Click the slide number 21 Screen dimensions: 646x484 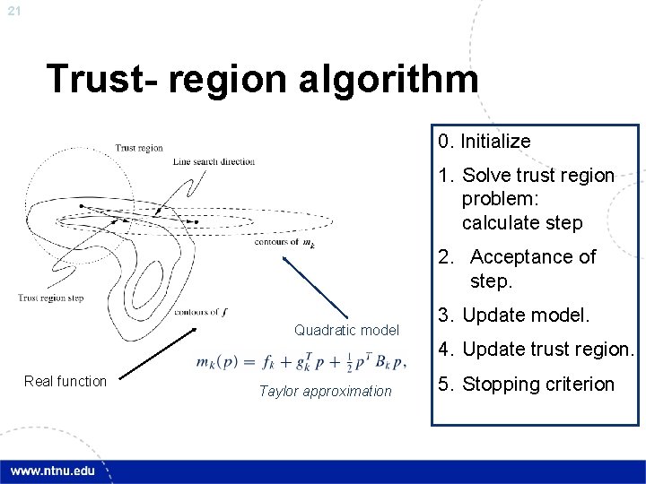[x=13, y=11]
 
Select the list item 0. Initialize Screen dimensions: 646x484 [x=484, y=141]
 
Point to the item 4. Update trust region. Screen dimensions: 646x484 [x=537, y=349]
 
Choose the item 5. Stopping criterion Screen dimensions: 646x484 [x=526, y=385]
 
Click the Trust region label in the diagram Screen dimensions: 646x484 [x=139, y=148]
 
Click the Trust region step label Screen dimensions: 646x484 [x=51, y=298]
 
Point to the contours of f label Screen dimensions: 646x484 [x=200, y=312]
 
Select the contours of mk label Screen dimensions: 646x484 [x=284, y=241]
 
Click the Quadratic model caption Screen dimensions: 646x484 [x=346, y=331]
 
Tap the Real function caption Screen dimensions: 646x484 [x=65, y=381]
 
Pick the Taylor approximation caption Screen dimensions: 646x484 [x=325, y=391]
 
